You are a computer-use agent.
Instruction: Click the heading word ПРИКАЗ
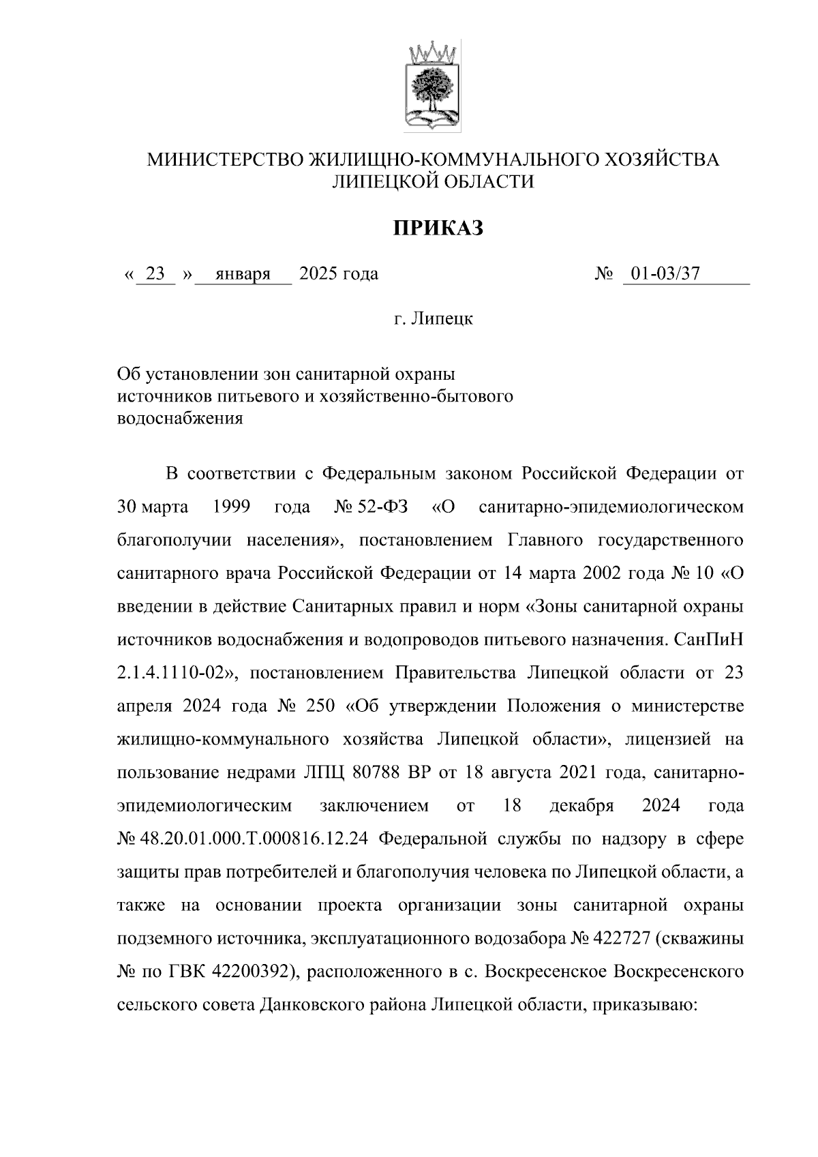coord(437,228)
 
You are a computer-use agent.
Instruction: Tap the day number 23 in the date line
coord(155,274)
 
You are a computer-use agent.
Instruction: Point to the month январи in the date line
coord(243,274)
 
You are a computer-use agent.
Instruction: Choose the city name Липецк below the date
coord(442,318)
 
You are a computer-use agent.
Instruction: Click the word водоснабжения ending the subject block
coord(180,418)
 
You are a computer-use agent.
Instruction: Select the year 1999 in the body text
coord(231,507)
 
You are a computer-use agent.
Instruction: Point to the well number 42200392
coord(249,972)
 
